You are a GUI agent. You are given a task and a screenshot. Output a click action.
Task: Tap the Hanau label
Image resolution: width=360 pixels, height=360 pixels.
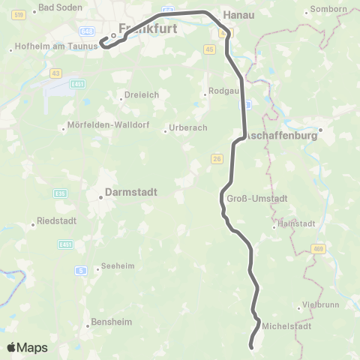pos(239,14)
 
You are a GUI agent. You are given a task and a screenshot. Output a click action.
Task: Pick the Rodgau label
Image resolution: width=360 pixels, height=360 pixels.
pos(220,94)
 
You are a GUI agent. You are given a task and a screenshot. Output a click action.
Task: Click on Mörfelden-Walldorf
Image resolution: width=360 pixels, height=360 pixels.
pos(101,127)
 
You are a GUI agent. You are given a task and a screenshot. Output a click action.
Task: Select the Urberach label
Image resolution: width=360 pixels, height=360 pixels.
pos(185,127)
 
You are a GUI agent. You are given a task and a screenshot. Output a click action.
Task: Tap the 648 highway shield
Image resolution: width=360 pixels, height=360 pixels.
pos(87,31)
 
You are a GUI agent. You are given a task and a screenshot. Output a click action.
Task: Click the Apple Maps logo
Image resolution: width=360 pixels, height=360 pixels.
pos(26,347)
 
